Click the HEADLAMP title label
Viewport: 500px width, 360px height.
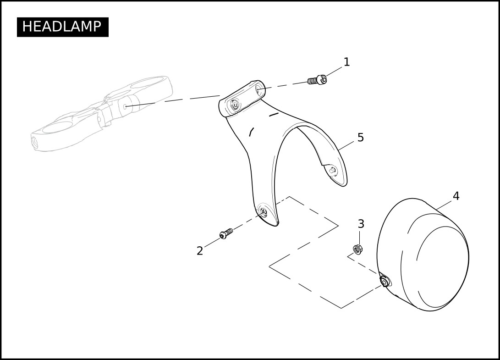click(62, 27)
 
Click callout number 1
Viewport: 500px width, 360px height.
click(346, 62)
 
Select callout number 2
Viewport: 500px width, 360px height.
click(200, 251)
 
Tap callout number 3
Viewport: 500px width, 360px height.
click(361, 224)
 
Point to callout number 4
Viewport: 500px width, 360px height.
click(456, 196)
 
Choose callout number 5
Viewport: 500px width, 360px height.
click(361, 138)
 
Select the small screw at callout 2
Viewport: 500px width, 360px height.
click(226, 233)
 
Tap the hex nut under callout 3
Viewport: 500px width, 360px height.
click(358, 249)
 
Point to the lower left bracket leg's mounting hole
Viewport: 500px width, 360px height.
click(263, 210)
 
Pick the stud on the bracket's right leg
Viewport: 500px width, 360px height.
click(333, 171)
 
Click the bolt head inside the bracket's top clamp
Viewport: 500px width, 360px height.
click(235, 105)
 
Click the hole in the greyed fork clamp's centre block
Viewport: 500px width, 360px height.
click(126, 106)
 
